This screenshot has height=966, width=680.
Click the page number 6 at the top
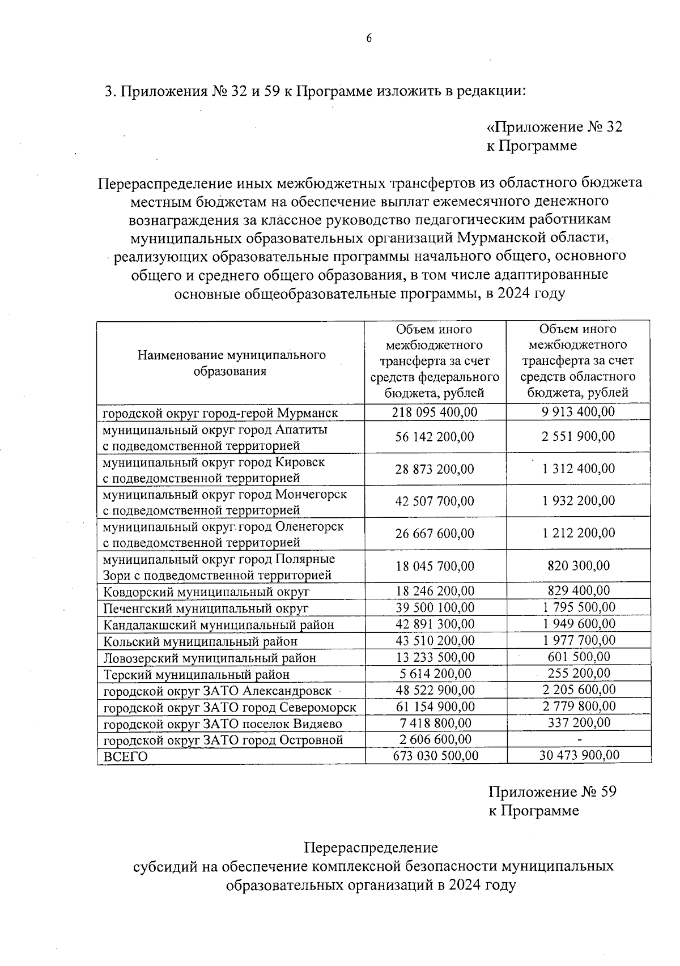[x=368, y=39]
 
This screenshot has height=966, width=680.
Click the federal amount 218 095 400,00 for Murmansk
[x=435, y=412]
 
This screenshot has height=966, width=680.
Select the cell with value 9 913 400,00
[x=578, y=411]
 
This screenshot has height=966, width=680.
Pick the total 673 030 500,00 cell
[x=435, y=756]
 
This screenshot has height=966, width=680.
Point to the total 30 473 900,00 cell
[x=578, y=755]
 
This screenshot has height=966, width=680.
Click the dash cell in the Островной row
[x=579, y=740]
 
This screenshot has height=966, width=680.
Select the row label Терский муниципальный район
[x=196, y=674]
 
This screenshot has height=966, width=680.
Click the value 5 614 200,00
[x=435, y=673]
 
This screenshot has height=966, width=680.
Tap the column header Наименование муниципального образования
[x=231, y=363]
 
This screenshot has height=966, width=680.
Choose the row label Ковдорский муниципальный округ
[x=206, y=592]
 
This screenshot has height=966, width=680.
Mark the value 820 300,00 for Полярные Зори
[x=578, y=565]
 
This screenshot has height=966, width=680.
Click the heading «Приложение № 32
[x=554, y=127]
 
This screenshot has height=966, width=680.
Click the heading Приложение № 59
[x=552, y=791]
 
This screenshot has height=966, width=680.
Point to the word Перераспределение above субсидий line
[x=371, y=848]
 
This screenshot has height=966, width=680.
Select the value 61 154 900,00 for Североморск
[x=435, y=707]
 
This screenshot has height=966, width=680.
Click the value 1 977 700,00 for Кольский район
[x=578, y=640]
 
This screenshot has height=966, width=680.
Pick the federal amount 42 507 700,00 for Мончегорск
[x=435, y=501]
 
